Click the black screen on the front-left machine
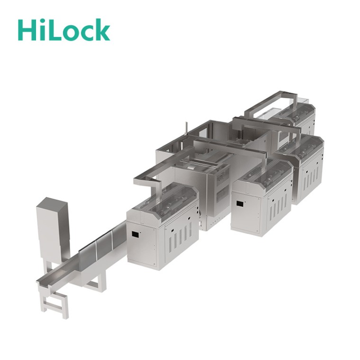click(x=135, y=234)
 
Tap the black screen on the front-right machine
click(x=240, y=204)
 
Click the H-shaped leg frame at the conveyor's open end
click(x=54, y=300)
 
